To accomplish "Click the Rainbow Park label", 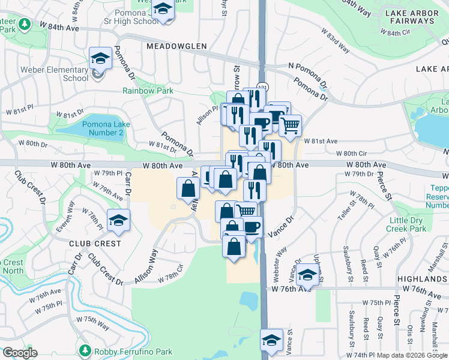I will pyautogui.click(x=148, y=91).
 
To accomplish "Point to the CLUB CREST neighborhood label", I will pyautogui.click(x=95, y=244).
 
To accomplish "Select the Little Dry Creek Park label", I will pyautogui.click(x=423, y=224).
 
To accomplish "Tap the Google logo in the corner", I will pyautogui.click(x=20, y=353).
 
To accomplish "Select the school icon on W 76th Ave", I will pyautogui.click(x=308, y=275).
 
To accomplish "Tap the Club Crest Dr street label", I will pyautogui.click(x=105, y=269).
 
